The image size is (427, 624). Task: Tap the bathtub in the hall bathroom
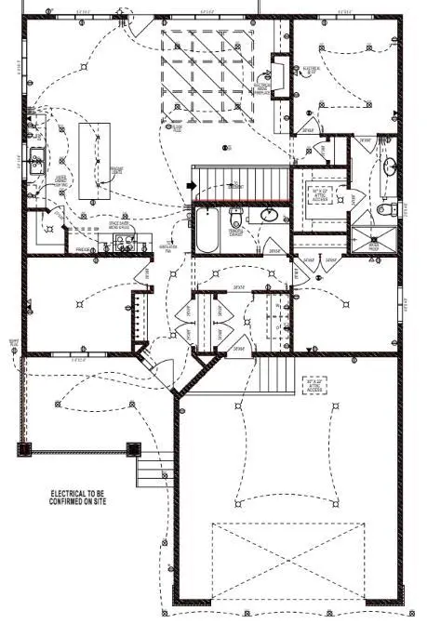click(x=206, y=231)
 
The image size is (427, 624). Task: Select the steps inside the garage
click(x=274, y=376)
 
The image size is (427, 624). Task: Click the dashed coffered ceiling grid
click(x=208, y=74)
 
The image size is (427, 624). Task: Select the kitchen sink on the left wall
click(x=36, y=159)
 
